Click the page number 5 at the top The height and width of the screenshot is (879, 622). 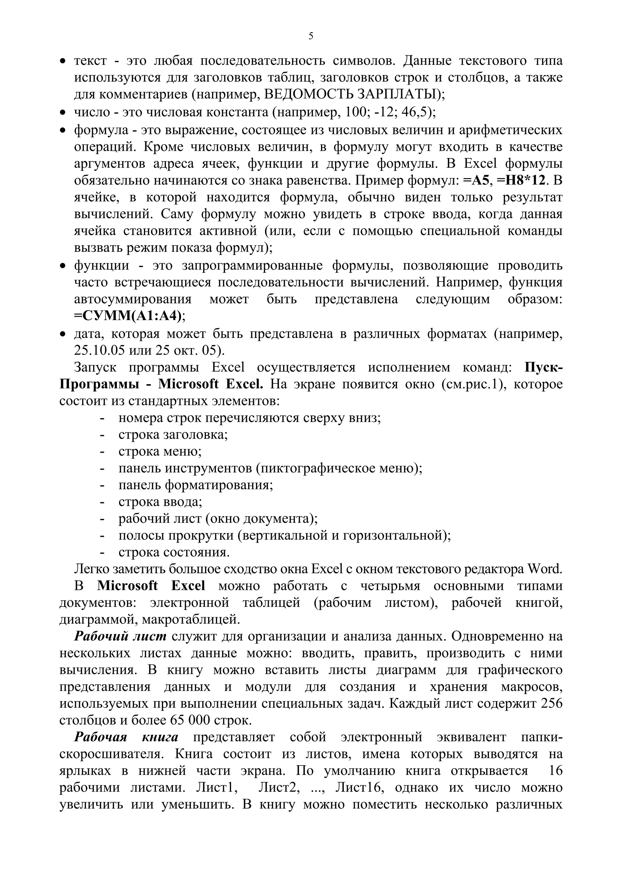click(310, 36)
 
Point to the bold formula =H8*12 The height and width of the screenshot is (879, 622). click(521, 180)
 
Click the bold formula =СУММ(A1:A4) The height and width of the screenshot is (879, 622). click(128, 316)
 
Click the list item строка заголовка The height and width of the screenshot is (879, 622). click(173, 434)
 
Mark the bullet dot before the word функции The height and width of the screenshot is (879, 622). click(63, 266)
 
